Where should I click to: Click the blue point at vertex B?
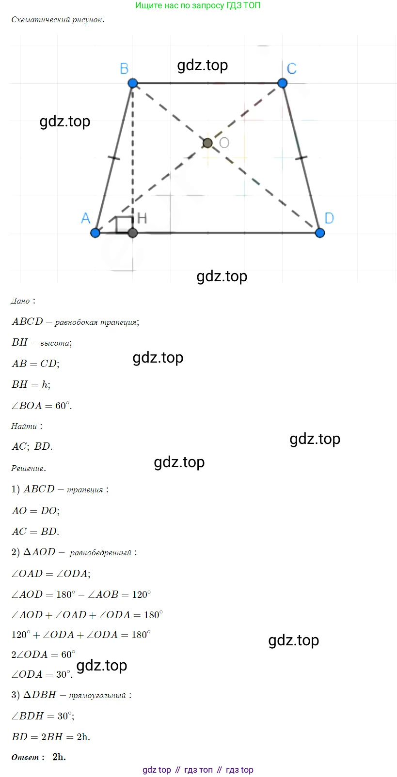click(133, 83)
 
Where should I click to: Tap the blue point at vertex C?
click(283, 83)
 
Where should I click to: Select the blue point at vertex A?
click(95, 233)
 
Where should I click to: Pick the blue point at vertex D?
click(320, 233)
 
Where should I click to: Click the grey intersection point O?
click(207, 143)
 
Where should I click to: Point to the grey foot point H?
click(133, 233)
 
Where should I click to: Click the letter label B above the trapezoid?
click(124, 69)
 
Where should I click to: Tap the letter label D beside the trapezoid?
click(329, 218)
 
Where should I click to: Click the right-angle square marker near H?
click(125, 225)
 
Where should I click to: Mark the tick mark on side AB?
click(114, 158)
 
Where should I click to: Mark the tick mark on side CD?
click(301, 158)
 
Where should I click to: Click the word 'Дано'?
click(20, 301)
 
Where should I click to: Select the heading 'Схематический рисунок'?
click(58, 20)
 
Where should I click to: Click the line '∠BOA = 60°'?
click(42, 406)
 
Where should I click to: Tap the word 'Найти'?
click(24, 426)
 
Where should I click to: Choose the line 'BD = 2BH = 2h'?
click(51, 737)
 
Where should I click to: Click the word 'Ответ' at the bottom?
click(25, 757)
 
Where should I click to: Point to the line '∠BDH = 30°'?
click(43, 716)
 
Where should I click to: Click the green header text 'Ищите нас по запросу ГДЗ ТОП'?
click(198, 5)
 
